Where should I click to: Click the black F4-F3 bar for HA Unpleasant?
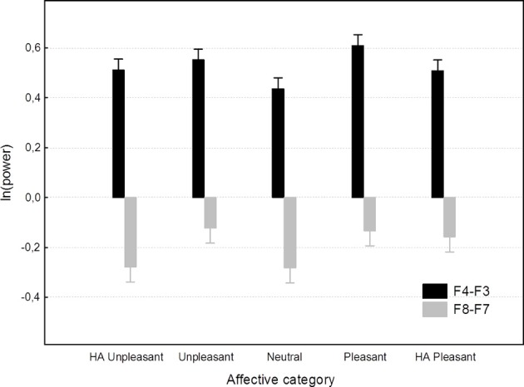(119, 133)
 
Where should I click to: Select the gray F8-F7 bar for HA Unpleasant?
(131, 232)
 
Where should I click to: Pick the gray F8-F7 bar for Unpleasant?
(210, 213)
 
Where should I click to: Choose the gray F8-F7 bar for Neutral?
(290, 233)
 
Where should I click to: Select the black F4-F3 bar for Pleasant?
(358, 121)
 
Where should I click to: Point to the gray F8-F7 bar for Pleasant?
(370, 214)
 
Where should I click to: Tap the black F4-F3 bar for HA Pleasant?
(437, 134)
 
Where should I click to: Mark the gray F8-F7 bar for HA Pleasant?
(449, 218)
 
